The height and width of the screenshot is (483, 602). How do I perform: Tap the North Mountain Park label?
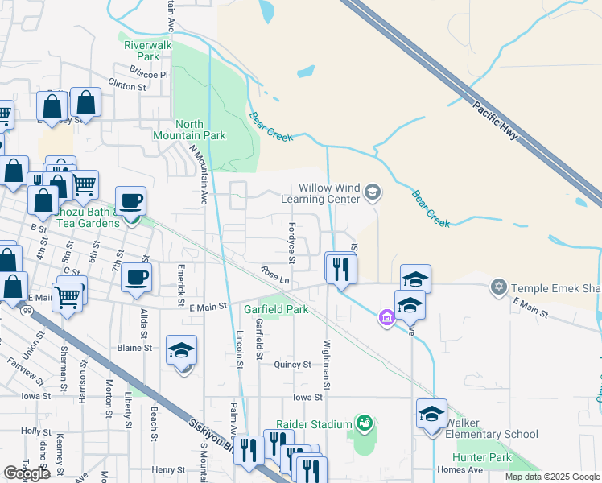[x=200, y=130]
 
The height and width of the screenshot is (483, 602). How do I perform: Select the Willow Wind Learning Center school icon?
[x=372, y=192]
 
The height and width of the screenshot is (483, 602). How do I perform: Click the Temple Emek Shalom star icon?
[x=498, y=287]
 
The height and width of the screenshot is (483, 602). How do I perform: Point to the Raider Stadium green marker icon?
[x=364, y=423]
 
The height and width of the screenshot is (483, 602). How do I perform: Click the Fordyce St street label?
[x=292, y=242]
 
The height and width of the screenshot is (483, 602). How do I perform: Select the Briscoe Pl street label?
[x=152, y=75]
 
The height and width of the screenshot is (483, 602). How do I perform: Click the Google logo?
[x=26, y=473]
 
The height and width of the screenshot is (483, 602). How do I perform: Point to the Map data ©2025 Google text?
[x=551, y=477]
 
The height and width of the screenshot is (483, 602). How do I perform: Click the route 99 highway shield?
[x=29, y=310]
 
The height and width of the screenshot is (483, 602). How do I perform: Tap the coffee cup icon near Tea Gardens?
[x=130, y=201]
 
